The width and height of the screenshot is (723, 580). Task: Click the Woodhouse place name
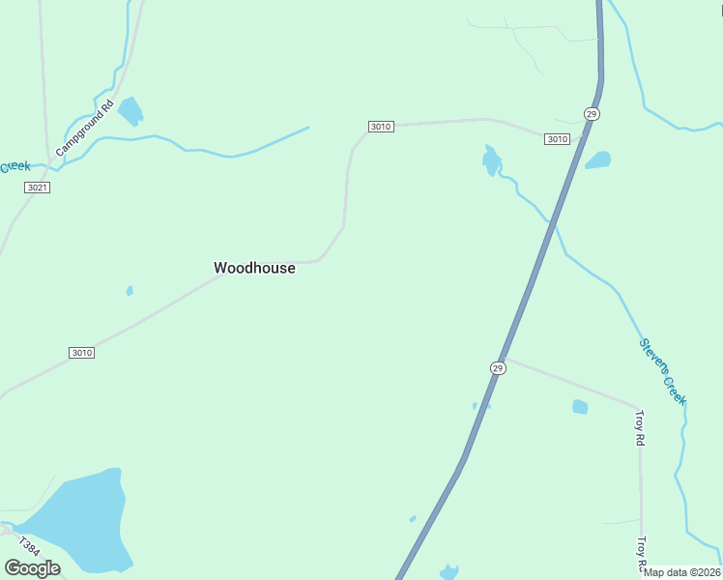pos(254,268)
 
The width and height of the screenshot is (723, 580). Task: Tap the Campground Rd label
pos(85,129)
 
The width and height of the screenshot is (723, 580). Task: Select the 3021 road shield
pos(37,187)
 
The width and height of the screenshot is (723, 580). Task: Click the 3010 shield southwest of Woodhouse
pos(81,353)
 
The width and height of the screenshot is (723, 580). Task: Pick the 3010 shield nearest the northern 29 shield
pos(557,139)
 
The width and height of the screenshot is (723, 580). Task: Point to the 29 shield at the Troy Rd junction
pos(497,368)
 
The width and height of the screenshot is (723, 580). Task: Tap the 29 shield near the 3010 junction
pos(592,114)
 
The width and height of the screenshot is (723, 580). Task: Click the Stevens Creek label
pos(663,372)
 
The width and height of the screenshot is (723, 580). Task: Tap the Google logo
pos(32,568)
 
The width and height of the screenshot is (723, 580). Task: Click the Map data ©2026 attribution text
pos(682,572)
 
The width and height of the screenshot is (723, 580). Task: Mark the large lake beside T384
pos(82,517)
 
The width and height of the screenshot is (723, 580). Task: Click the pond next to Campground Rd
pos(130,111)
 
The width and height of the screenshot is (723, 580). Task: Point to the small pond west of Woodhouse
pos(130,290)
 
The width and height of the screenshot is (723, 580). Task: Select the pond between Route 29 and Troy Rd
pos(580,407)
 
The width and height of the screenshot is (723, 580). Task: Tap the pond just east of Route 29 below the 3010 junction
pos(597,159)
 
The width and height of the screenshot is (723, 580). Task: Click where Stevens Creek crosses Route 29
pos(553,223)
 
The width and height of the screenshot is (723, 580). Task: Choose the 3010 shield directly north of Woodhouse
pos(381,127)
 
